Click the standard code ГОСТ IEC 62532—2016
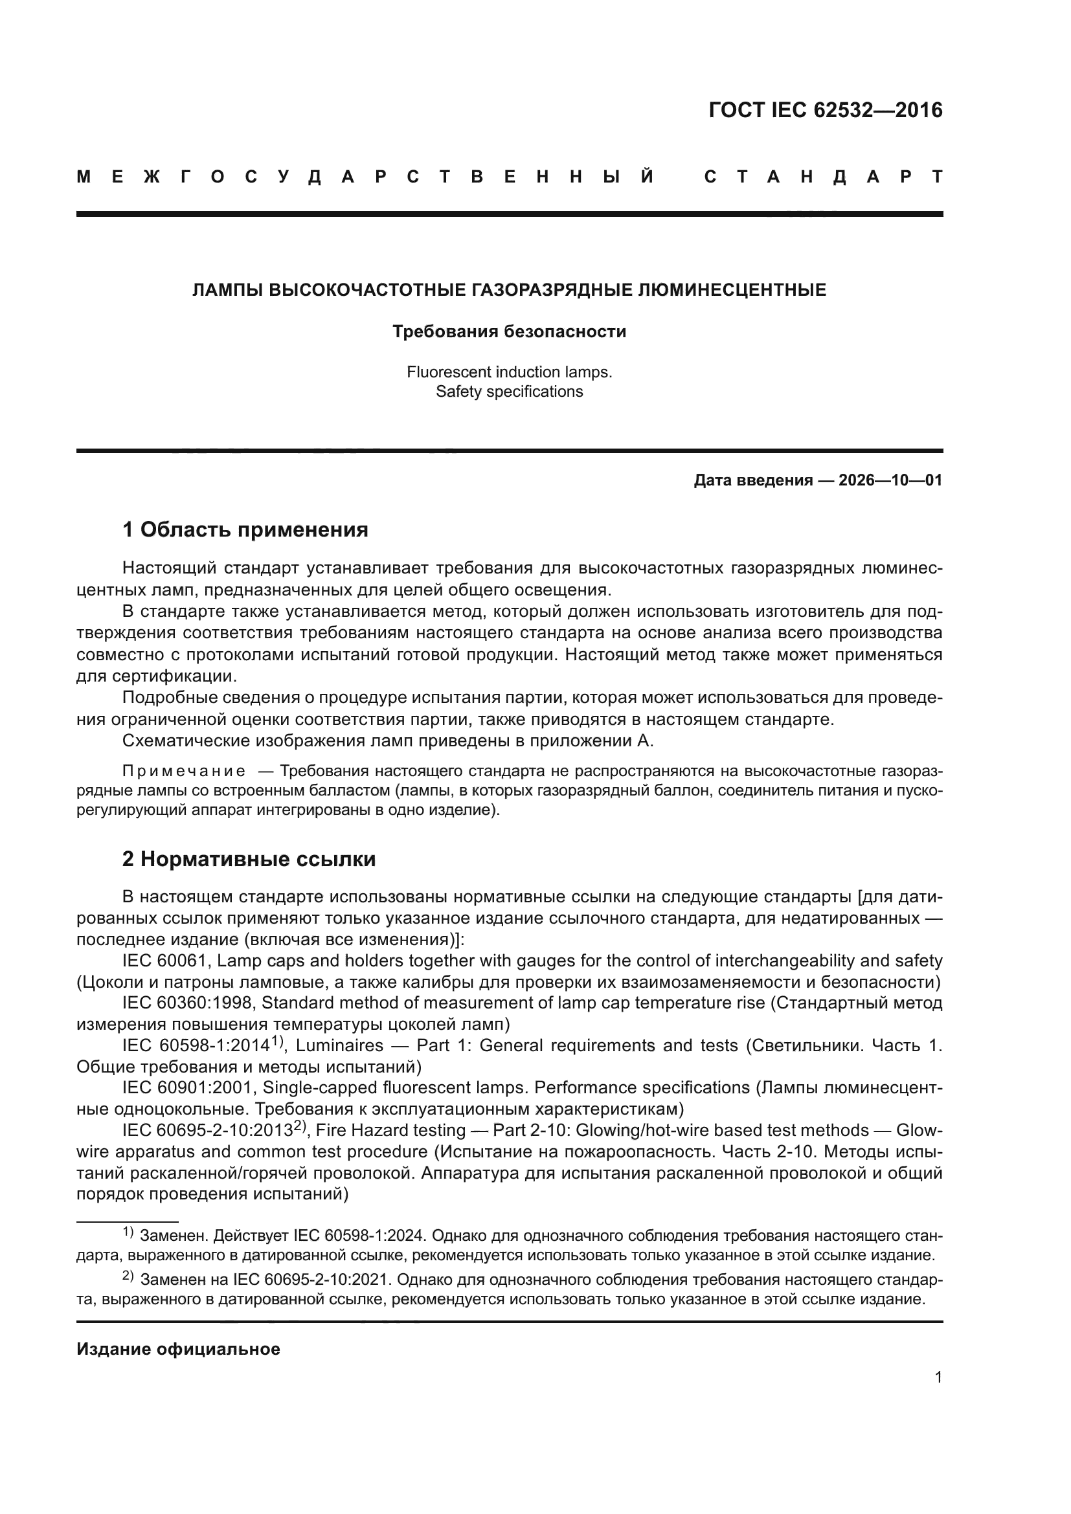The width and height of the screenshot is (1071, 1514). click(x=825, y=110)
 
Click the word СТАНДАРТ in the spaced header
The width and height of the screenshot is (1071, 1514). click(x=823, y=177)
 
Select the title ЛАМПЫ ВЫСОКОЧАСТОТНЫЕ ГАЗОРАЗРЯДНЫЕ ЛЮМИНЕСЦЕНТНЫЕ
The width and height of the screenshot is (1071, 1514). click(x=508, y=290)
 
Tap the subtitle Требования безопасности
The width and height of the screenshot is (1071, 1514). click(x=508, y=331)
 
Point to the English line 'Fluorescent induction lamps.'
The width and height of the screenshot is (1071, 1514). click(x=508, y=372)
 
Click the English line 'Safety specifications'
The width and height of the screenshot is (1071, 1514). click(x=508, y=392)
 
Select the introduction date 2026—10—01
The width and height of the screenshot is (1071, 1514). click(x=890, y=480)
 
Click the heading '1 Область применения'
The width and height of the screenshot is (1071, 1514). click(x=245, y=529)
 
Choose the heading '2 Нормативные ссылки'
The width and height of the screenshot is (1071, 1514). click(x=249, y=858)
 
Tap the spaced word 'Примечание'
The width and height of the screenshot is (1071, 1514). click(x=184, y=771)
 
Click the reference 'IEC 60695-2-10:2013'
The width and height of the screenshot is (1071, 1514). click(x=207, y=1130)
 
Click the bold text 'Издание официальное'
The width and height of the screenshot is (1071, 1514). click(x=178, y=1349)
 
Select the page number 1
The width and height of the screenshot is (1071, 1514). click(x=938, y=1377)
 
